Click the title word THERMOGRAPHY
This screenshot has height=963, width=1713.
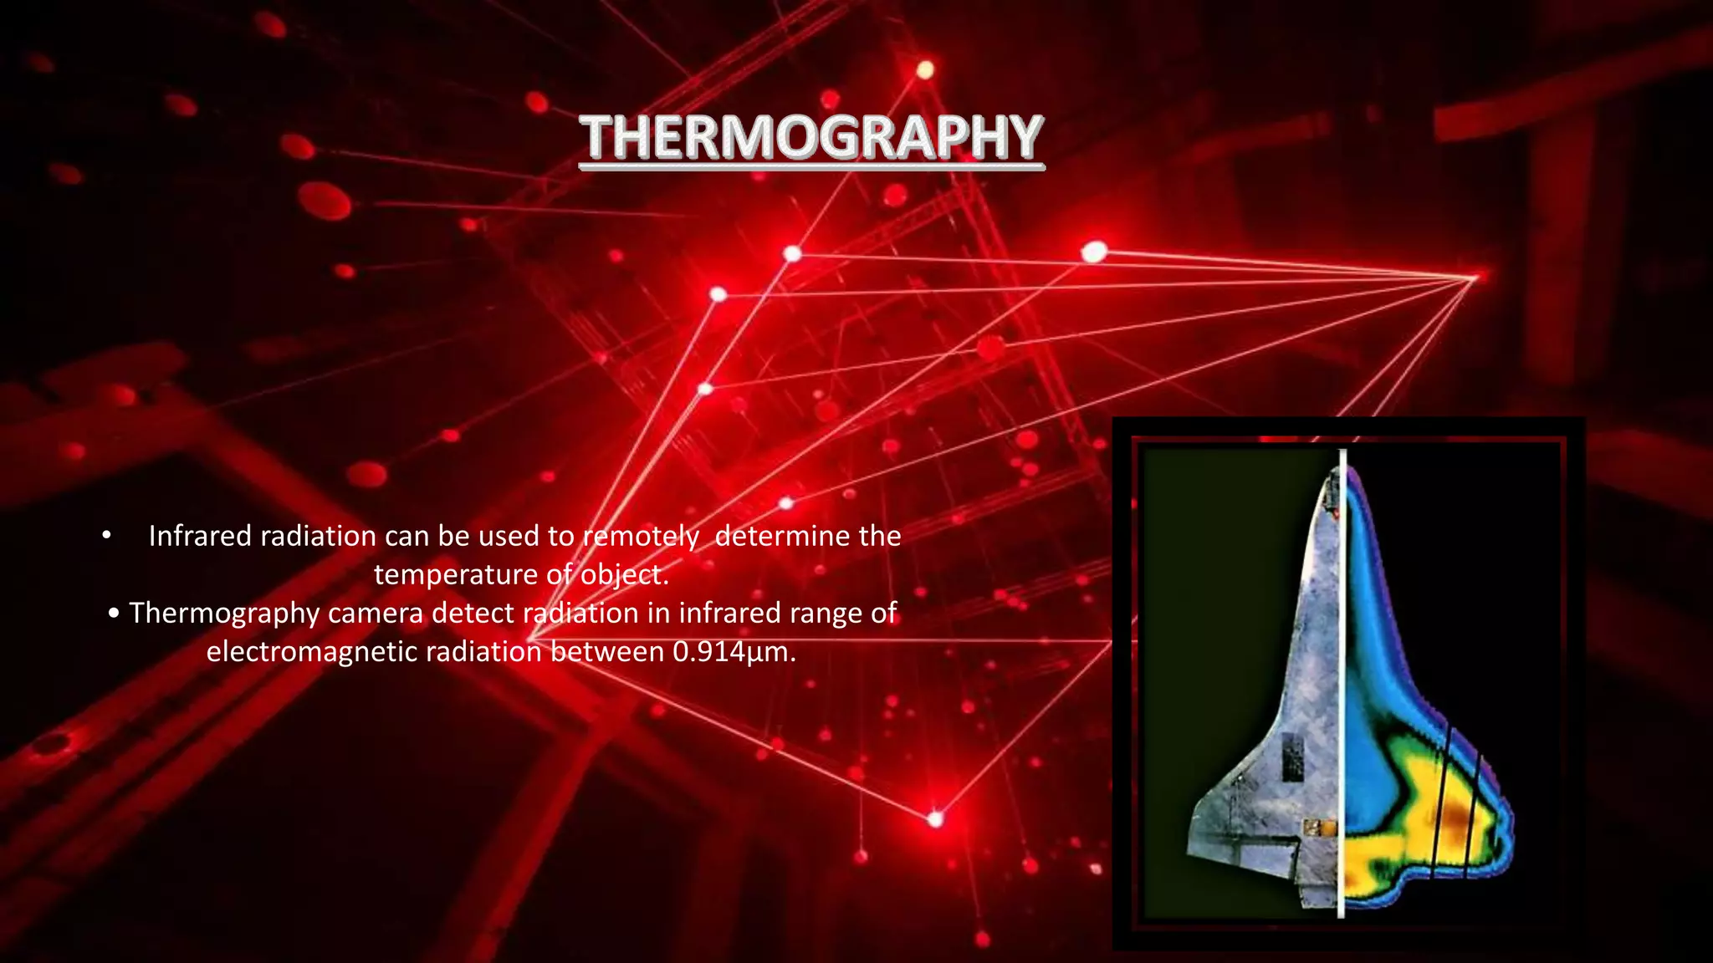tap(812, 138)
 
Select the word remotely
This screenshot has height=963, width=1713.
tap(641, 536)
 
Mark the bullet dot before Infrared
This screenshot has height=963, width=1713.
tap(106, 536)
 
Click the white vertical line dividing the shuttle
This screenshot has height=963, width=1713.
tap(1342, 685)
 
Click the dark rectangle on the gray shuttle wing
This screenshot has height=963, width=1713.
tap(1293, 757)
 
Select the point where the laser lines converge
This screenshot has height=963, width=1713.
tap(1474, 277)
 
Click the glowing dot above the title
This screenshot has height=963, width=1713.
tap(924, 70)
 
